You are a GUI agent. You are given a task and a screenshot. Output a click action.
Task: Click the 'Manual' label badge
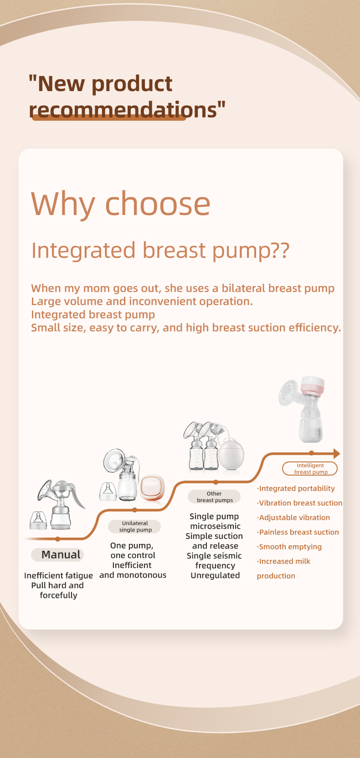tap(57, 555)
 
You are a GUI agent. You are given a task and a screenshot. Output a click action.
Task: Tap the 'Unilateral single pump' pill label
tap(134, 527)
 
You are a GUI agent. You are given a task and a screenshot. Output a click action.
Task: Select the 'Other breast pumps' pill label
tap(214, 497)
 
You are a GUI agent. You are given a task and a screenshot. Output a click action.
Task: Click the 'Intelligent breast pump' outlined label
tap(310, 469)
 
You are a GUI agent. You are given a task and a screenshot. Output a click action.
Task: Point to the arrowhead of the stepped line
tap(337, 453)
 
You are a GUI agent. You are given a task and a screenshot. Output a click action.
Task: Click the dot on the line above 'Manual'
tap(57, 539)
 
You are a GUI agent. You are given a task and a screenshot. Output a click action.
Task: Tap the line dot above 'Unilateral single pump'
tap(134, 510)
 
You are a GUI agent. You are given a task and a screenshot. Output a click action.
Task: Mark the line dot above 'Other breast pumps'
tap(216, 482)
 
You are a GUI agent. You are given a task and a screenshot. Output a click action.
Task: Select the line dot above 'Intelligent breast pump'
tap(312, 453)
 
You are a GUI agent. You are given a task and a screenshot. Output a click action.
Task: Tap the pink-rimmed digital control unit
tap(152, 487)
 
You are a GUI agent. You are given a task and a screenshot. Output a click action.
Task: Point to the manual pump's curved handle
tap(77, 494)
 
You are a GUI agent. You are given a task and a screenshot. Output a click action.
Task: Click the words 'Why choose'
tap(121, 204)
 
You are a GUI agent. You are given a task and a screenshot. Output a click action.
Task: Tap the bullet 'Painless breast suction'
tap(298, 533)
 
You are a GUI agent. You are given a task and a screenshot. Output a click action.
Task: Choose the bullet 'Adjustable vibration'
tap(293, 518)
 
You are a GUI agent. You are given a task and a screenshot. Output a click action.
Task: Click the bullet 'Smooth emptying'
tap(289, 547)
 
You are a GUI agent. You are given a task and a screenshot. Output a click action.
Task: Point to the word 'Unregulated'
tap(215, 575)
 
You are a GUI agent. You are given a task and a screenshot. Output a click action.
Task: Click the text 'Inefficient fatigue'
tap(58, 576)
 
